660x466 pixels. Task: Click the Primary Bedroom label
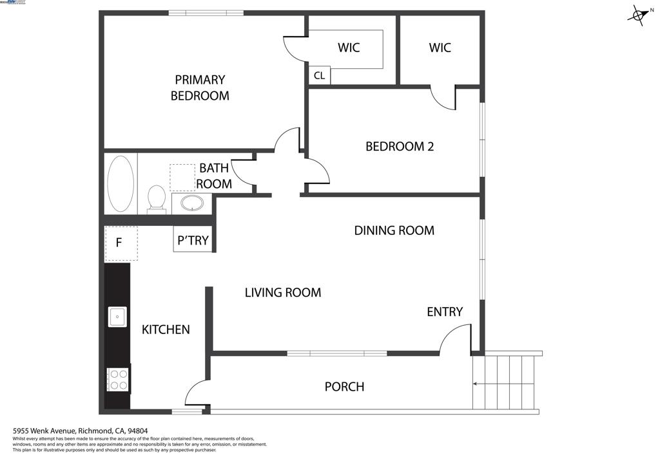click(200, 88)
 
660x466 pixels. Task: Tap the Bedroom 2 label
click(400, 146)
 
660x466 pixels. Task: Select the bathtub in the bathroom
click(121, 183)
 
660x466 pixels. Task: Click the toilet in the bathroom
click(156, 198)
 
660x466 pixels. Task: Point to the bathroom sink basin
click(191, 204)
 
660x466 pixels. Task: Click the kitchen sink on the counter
click(117, 317)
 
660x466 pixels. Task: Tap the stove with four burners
click(118, 379)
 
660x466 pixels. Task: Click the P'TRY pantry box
click(192, 241)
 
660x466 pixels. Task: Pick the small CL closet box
click(320, 75)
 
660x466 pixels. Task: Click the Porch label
click(344, 386)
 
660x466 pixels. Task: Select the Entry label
click(445, 312)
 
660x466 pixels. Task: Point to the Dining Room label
click(394, 230)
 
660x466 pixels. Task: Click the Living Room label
click(282, 292)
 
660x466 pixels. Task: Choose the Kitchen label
click(166, 330)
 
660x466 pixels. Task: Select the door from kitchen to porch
click(196, 393)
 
